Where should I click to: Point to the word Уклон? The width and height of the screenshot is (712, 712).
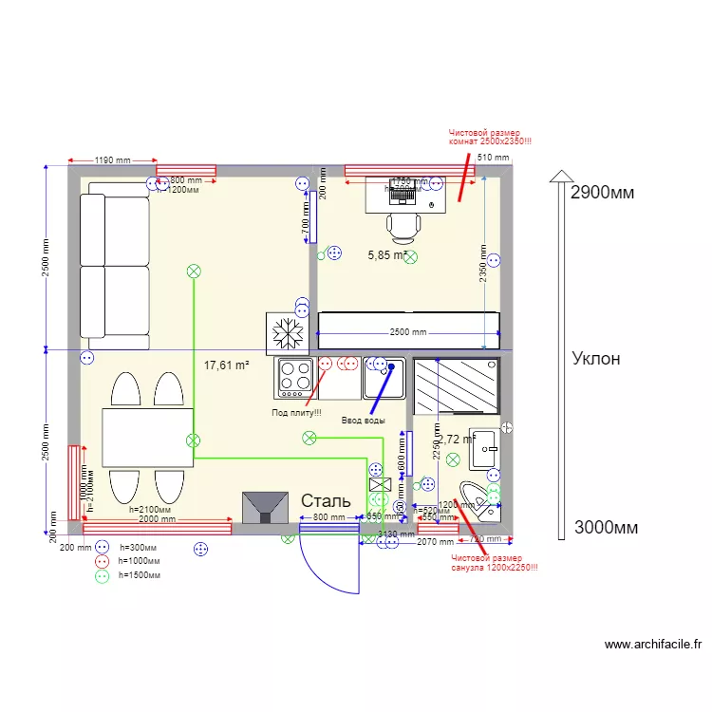(x=596, y=358)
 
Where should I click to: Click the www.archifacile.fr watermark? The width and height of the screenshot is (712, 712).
(x=653, y=645)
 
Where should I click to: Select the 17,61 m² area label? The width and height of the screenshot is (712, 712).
(x=226, y=365)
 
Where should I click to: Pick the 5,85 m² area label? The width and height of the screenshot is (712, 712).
(x=387, y=254)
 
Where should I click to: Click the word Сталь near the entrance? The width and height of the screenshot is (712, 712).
(x=326, y=500)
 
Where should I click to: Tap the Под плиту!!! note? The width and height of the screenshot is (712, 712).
(x=296, y=412)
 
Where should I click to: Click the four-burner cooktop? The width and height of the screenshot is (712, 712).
(x=294, y=378)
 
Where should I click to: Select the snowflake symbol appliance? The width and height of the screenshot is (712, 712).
(x=286, y=333)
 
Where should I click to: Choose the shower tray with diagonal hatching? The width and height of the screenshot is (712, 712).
(x=456, y=385)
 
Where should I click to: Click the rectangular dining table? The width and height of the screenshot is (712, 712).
(x=147, y=437)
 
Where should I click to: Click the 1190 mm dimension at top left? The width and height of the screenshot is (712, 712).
(x=113, y=160)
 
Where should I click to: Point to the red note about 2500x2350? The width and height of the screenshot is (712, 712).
(x=490, y=138)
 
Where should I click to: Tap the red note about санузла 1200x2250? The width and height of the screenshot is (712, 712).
(x=494, y=563)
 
